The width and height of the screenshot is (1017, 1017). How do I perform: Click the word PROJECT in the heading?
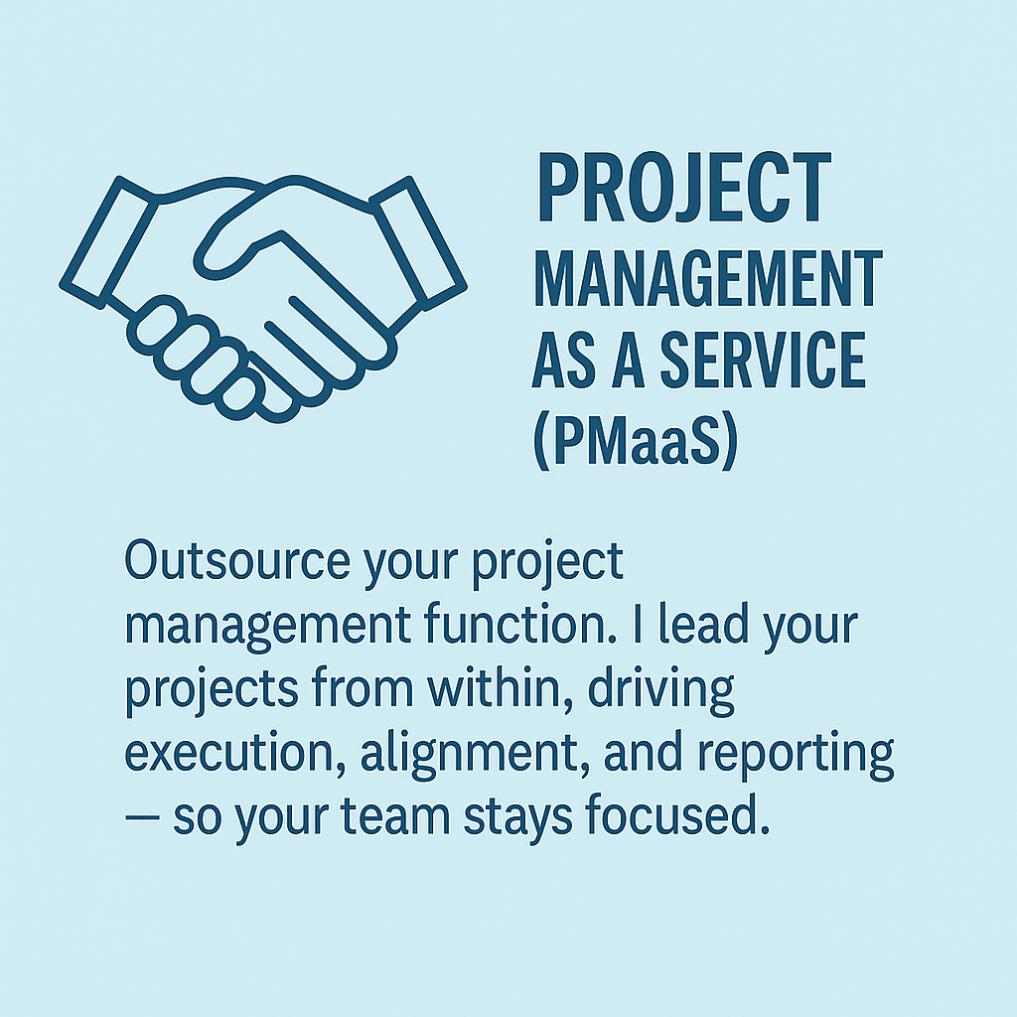pyautogui.click(x=685, y=188)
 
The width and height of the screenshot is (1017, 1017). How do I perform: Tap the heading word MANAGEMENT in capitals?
pyautogui.click(x=707, y=279)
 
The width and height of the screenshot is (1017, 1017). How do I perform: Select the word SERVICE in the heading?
pyautogui.click(x=763, y=360)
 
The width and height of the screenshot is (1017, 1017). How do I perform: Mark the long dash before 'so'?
pyautogui.click(x=142, y=816)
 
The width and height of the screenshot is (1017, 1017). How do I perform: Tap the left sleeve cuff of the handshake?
pyautogui.click(x=109, y=242)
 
